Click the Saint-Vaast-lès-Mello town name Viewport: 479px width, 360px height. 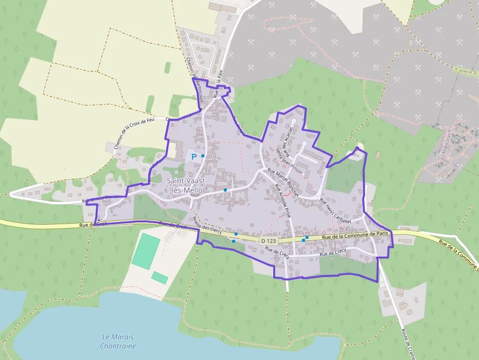[x=188, y=186]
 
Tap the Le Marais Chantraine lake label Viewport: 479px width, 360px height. [x=117, y=341]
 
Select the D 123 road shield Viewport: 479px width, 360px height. [x=269, y=241]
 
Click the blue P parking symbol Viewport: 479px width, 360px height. [x=194, y=157]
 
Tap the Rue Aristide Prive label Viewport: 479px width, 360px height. [x=283, y=202]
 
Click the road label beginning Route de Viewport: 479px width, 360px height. [x=407, y=341]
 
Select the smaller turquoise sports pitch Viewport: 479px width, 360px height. [x=159, y=277]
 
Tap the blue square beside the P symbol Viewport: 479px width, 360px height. [x=203, y=155]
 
